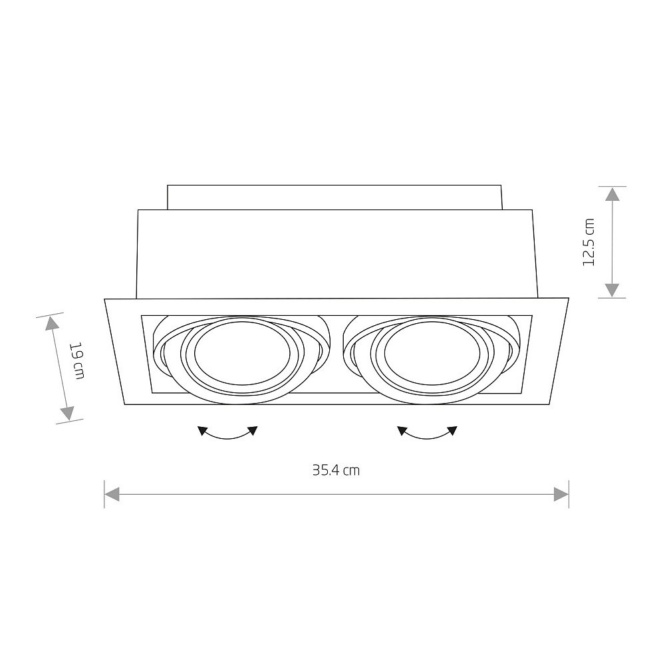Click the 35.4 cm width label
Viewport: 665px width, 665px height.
point(336,470)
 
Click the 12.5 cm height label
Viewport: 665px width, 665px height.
point(589,242)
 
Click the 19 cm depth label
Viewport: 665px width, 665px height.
point(78,360)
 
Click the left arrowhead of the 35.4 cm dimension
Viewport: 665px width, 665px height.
point(112,494)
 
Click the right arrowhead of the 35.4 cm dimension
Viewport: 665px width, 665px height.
point(561,494)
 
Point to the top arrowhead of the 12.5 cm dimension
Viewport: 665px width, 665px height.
point(612,194)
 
